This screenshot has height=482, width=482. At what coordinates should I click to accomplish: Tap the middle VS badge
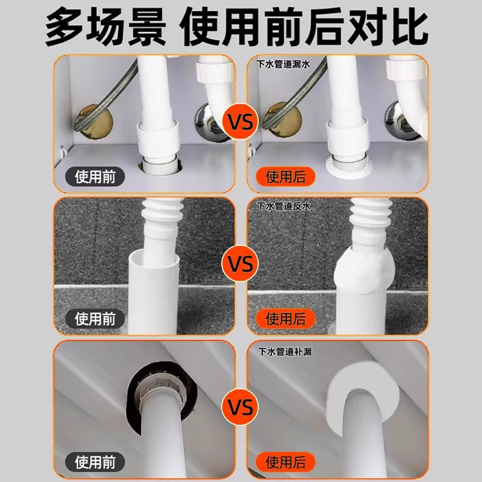[x=241, y=263]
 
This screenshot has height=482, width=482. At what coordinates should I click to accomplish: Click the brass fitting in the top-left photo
[x=91, y=118]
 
